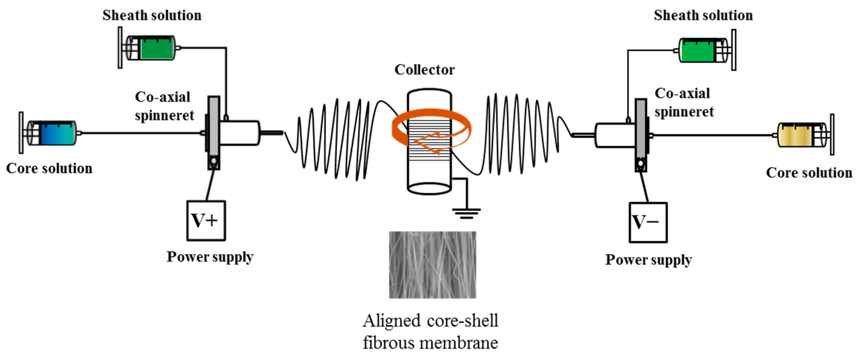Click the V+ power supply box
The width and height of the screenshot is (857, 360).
coord(206,220)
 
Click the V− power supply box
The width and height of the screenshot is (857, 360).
coord(648,222)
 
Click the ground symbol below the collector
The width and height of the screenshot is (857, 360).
coord(466,213)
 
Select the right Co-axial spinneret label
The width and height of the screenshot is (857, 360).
coord(684,102)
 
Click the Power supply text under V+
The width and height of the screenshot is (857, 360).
coord(210,257)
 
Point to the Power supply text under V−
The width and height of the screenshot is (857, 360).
coord(648,260)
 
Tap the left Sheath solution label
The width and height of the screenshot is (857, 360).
coord(152,15)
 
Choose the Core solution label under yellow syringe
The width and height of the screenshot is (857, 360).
coord(809,173)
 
